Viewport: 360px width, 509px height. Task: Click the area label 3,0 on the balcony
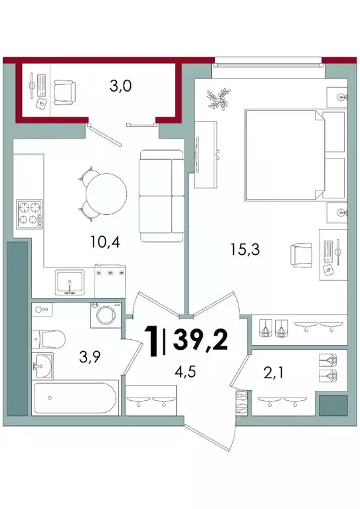click(120, 86)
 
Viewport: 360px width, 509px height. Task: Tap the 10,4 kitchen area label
click(105, 242)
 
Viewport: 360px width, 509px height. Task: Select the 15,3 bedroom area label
click(245, 250)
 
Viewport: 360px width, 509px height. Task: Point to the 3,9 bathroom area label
click(90, 357)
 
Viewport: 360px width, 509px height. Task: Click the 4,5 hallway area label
click(185, 372)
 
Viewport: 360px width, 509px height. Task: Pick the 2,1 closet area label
click(273, 373)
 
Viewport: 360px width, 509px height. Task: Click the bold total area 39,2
click(200, 340)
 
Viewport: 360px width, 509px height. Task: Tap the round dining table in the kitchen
click(106, 194)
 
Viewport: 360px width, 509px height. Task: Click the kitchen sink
click(70, 283)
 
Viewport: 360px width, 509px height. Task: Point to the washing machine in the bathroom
click(106, 315)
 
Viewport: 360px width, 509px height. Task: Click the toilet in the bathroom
click(48, 339)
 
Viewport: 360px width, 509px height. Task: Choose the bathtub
click(75, 398)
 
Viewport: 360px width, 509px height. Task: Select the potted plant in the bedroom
click(219, 99)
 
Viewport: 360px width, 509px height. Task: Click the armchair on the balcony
click(65, 93)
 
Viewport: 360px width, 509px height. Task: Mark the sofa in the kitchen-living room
click(161, 196)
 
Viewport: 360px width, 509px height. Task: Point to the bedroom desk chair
click(301, 255)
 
